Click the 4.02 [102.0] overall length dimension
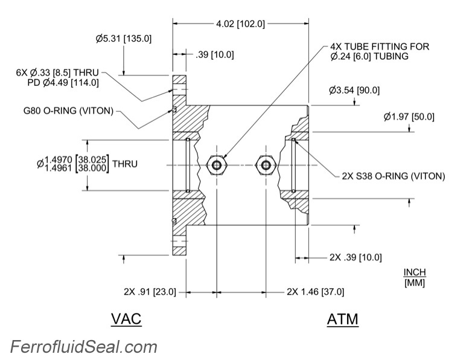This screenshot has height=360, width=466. pos(241,24)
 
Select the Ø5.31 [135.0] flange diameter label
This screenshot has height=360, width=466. pos(123,39)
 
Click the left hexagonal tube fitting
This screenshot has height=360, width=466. pos(216,164)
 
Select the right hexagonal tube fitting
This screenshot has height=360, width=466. pos(264,164)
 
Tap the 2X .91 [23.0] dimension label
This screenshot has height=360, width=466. pos(149,292)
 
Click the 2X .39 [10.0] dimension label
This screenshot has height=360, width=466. pos(356,257)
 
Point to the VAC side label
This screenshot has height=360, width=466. pos(126,319)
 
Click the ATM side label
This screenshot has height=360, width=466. pos(342,319)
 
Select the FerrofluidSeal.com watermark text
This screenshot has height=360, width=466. pos(83,347)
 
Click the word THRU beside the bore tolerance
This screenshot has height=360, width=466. pos(125,164)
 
